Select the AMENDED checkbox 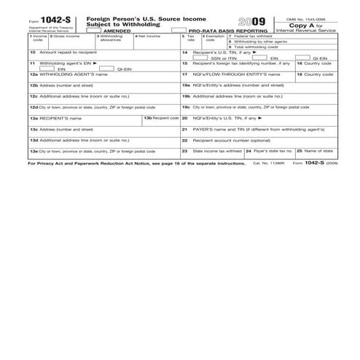click(x=93, y=29)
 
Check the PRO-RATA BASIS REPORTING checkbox click(x=177, y=29)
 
